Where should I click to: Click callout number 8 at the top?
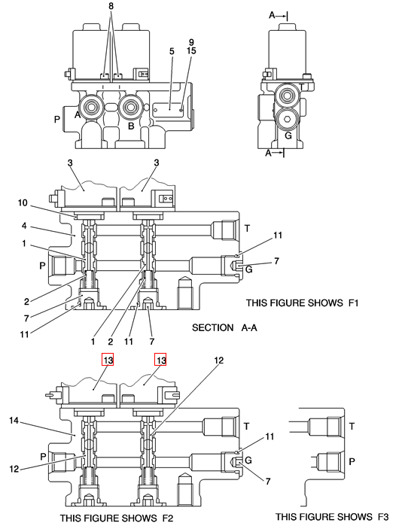point(111,6)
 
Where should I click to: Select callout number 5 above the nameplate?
point(172,51)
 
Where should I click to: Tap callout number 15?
point(191,50)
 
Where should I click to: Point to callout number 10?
point(23,202)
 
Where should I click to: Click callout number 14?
point(14,421)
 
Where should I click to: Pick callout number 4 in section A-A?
point(24,226)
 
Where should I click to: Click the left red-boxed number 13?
point(108,360)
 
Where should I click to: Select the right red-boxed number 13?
point(160,360)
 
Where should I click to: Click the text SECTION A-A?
point(224,327)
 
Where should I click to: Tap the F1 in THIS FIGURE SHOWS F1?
point(353,303)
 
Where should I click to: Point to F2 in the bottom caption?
point(167,518)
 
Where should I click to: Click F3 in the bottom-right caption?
point(382,517)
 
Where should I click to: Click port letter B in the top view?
point(131,126)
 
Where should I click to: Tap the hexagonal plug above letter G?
point(288,119)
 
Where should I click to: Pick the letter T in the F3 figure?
point(352,426)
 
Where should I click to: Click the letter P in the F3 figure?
point(352,461)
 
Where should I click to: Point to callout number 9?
point(191,42)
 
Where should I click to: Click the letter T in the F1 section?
point(247,229)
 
